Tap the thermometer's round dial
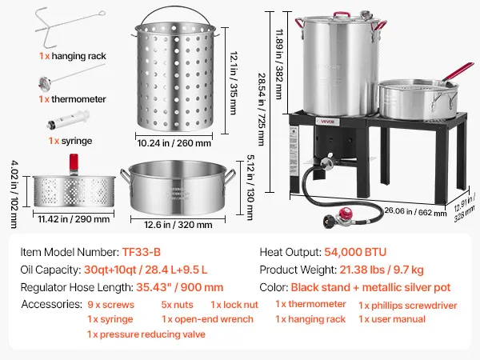tap(45, 83)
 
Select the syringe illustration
tap(68, 120)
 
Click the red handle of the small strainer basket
tap(74, 162)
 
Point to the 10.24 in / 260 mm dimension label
tap(174, 143)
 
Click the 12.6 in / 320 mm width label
tap(178, 225)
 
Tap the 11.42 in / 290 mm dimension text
tap(74, 219)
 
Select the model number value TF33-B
tap(142, 252)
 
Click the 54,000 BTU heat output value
tap(355, 252)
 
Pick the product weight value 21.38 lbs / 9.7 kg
tap(382, 270)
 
